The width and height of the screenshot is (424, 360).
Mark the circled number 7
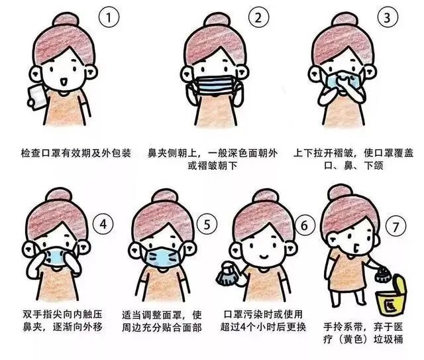tap(396, 225)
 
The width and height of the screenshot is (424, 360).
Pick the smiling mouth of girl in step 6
tap(264, 255)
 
